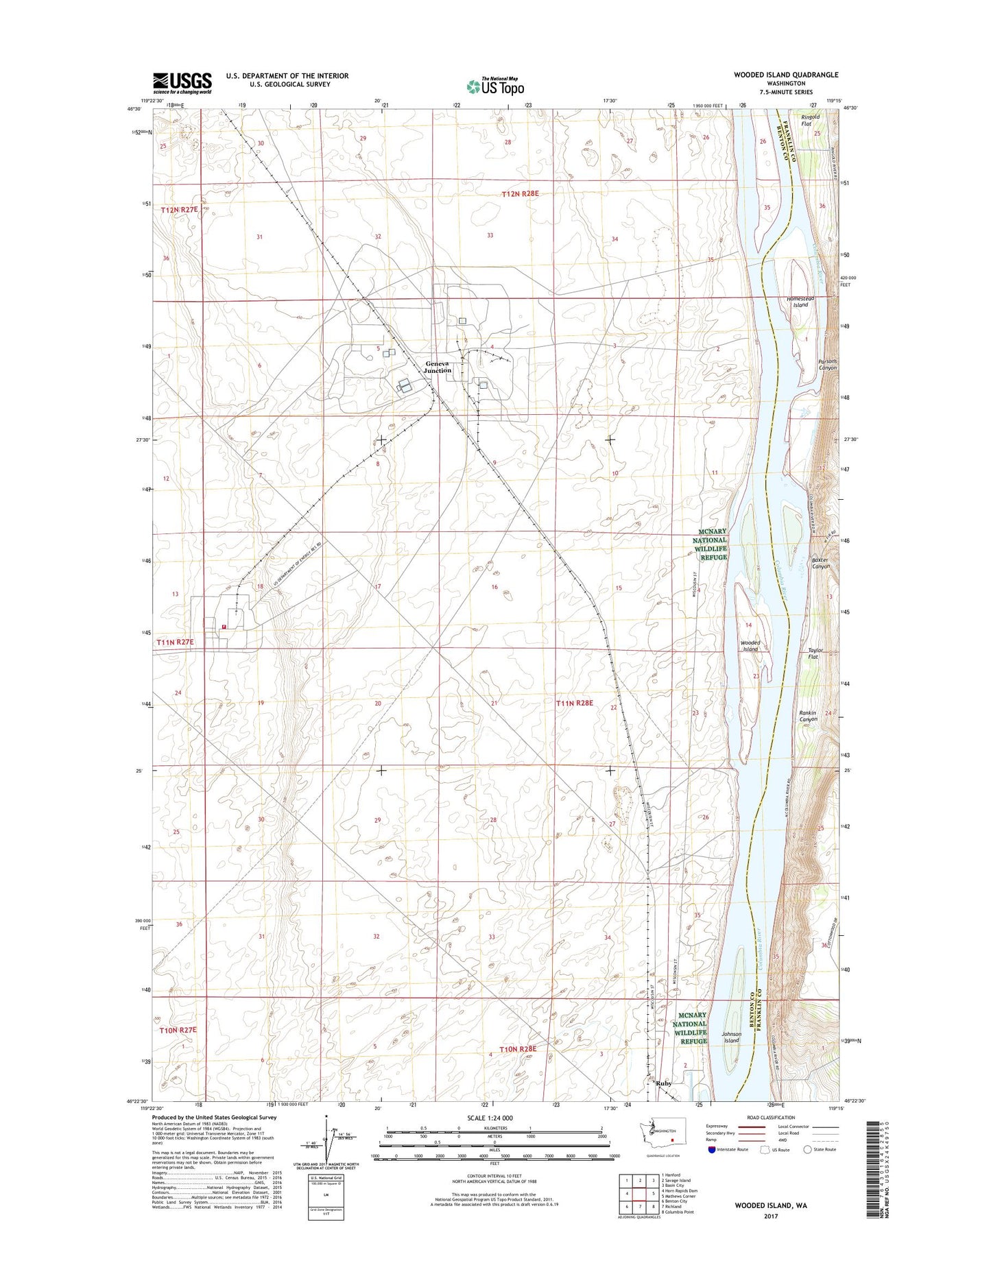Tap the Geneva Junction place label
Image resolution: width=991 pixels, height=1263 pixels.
click(x=438, y=367)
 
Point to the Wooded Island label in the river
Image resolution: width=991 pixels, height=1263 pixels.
click(x=750, y=646)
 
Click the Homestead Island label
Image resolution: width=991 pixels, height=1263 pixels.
click(x=800, y=302)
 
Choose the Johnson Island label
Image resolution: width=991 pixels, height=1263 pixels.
click(x=732, y=1037)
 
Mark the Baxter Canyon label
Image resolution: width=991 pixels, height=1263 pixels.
click(x=820, y=563)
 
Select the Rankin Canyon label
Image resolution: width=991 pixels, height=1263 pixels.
click(x=808, y=716)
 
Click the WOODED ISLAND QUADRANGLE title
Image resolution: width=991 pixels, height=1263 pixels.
click(x=785, y=75)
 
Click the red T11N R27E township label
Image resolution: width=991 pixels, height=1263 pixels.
click(x=176, y=642)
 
